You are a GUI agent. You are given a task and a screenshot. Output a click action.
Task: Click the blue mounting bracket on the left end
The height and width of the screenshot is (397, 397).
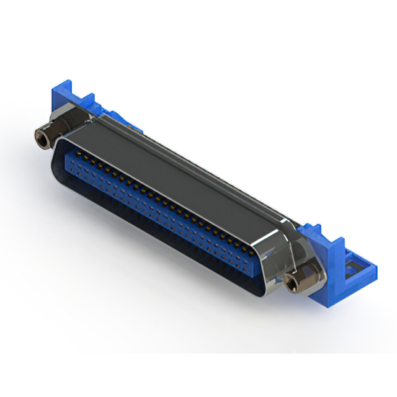coord(62,102)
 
